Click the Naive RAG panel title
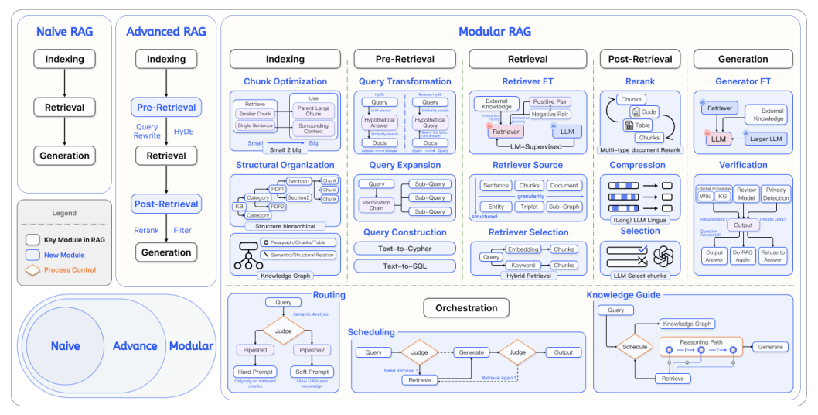point(65,32)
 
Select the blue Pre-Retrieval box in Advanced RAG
point(166,107)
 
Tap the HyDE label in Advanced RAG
point(184,132)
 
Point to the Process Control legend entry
point(70,269)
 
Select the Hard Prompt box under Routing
point(254,372)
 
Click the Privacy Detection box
point(775,194)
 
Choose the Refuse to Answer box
point(773,256)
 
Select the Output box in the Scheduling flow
point(563,352)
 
